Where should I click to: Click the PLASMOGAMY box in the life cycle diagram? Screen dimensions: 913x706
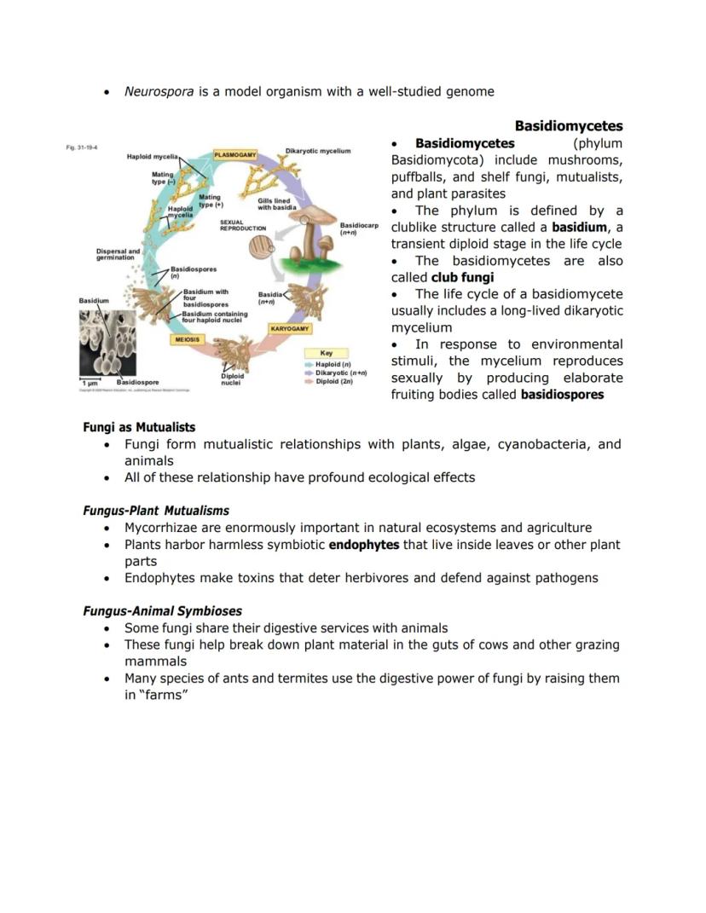tap(235, 154)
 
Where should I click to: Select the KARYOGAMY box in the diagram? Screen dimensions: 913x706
tap(290, 328)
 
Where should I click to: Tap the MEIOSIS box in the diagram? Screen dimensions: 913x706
tap(188, 339)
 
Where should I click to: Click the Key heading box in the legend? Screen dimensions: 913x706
tap(326, 353)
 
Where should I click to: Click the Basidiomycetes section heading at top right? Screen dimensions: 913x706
tap(568, 126)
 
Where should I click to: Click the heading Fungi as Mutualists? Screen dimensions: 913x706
tap(139, 427)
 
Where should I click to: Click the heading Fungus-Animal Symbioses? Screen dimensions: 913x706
tap(162, 610)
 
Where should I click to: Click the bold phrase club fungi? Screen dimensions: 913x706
tap(462, 277)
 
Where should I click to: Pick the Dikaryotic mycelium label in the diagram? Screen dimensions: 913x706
tap(318, 151)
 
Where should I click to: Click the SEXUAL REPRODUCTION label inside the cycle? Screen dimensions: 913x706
tap(243, 226)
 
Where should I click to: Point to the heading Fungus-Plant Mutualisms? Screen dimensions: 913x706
tap(156, 511)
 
